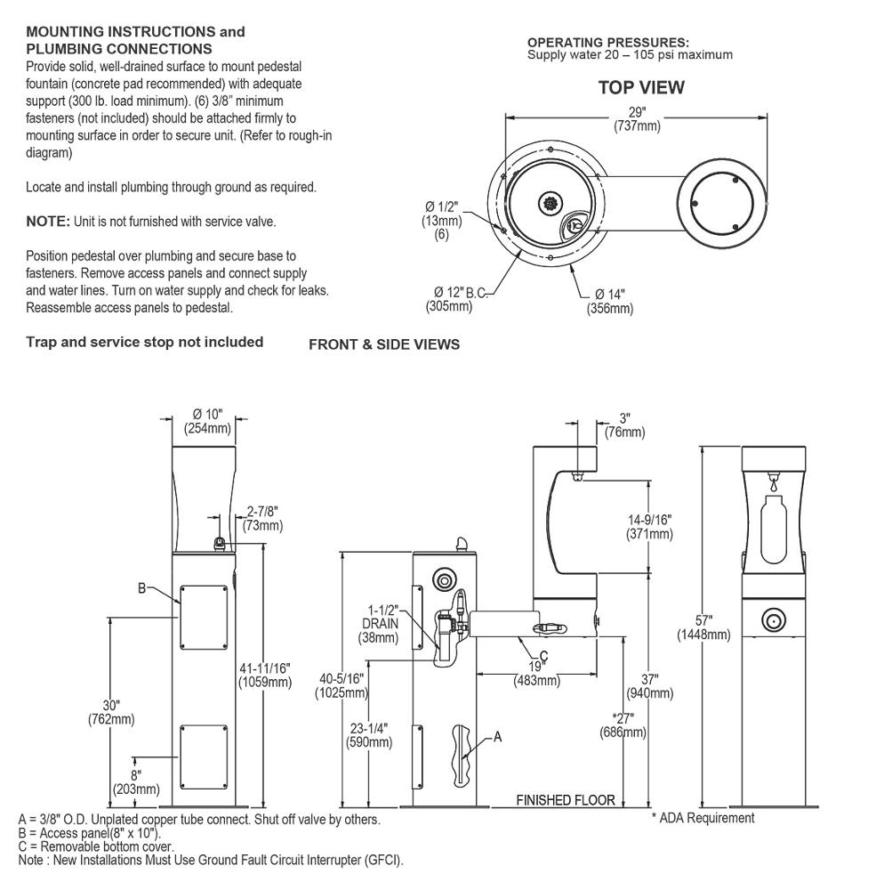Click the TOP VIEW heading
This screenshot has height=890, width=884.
pos(640,87)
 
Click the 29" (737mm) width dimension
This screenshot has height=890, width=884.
pos(637,119)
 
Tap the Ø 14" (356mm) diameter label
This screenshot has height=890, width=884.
pos(609,302)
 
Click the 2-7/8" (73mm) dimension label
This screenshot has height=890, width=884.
pos(263,519)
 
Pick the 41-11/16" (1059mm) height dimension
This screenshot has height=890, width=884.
pos(264,675)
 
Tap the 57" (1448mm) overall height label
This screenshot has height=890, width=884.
pos(703,627)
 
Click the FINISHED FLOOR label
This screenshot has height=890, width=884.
pos(566,800)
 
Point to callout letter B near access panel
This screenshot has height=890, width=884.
pos(142,588)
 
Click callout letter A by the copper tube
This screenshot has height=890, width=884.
pos(497,737)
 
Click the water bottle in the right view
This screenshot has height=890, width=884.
pos(775,530)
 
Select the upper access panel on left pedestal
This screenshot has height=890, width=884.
pos(204,617)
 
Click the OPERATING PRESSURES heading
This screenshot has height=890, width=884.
pos(607,42)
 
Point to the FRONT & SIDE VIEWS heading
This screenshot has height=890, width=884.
pos(384,344)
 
